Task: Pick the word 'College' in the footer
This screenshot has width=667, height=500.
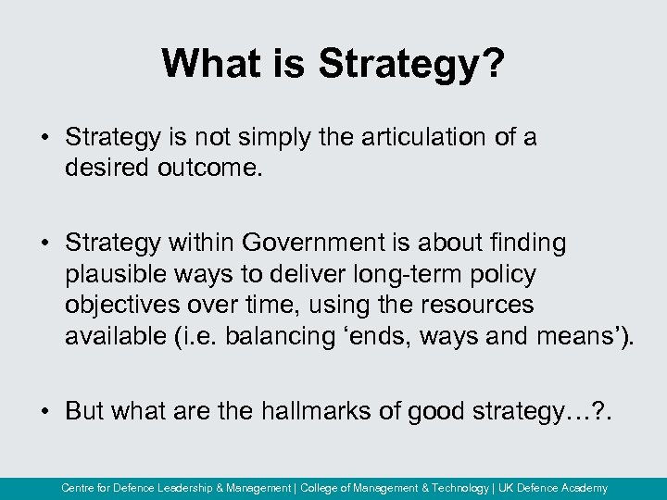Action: pyautogui.click(x=325, y=488)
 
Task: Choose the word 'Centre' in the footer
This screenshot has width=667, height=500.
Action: pyautogui.click(x=79, y=488)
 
